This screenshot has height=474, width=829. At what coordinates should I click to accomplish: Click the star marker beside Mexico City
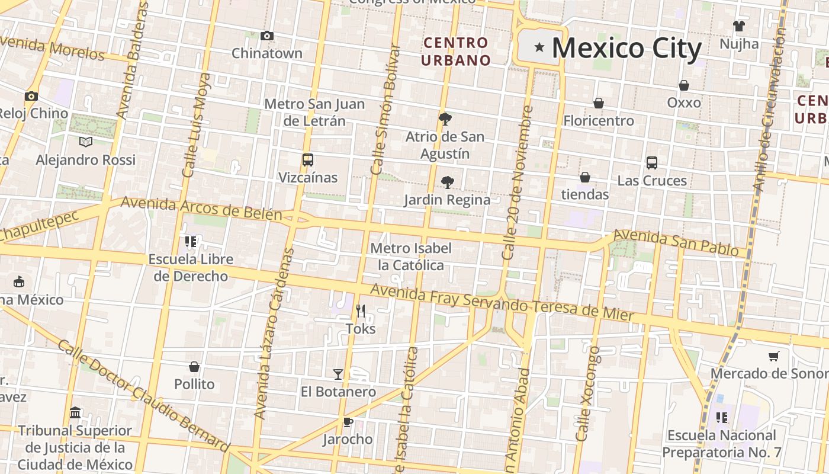point(539,47)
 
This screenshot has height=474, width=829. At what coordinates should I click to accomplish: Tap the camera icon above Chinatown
point(267,36)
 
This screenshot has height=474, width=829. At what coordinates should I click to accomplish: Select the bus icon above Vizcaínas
point(307,159)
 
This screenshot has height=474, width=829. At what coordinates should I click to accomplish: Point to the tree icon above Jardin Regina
point(448,182)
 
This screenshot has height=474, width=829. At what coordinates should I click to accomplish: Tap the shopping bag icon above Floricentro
point(599,103)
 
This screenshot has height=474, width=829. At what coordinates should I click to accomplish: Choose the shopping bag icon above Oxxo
point(684,85)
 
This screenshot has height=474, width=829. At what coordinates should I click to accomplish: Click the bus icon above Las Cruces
point(652,162)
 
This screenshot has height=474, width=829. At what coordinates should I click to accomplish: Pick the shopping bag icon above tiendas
point(585,177)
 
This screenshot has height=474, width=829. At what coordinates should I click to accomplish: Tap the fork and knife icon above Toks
point(360,310)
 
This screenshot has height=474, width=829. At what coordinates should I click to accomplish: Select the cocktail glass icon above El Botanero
point(338,374)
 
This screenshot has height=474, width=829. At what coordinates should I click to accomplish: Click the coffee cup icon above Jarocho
point(348,422)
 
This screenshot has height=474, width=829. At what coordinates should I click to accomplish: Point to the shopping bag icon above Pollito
point(194,367)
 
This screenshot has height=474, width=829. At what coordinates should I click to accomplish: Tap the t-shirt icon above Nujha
point(739,26)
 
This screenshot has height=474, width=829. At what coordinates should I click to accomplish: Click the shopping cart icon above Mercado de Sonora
point(773,356)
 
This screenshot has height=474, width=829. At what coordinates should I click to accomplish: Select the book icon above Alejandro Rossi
point(86,142)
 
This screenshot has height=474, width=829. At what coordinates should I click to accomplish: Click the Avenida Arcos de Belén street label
point(201,209)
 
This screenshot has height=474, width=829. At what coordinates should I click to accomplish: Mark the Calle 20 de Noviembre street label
point(517,182)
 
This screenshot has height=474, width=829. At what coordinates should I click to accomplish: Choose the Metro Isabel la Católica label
point(411,257)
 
